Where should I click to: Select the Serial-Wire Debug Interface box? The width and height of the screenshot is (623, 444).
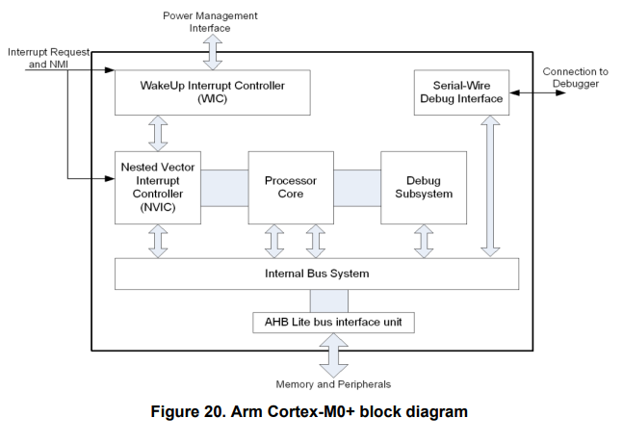pyautogui.click(x=461, y=92)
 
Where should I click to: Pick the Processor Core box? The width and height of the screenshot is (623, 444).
pyautogui.click(x=290, y=187)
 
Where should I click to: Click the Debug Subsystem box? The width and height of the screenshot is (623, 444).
pyautogui.click(x=424, y=187)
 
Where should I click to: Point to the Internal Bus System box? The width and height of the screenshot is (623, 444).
pyautogui.click(x=316, y=274)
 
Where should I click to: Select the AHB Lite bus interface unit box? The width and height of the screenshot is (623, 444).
pyautogui.click(x=333, y=322)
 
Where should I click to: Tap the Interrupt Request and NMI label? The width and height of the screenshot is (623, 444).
pyautogui.click(x=45, y=57)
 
